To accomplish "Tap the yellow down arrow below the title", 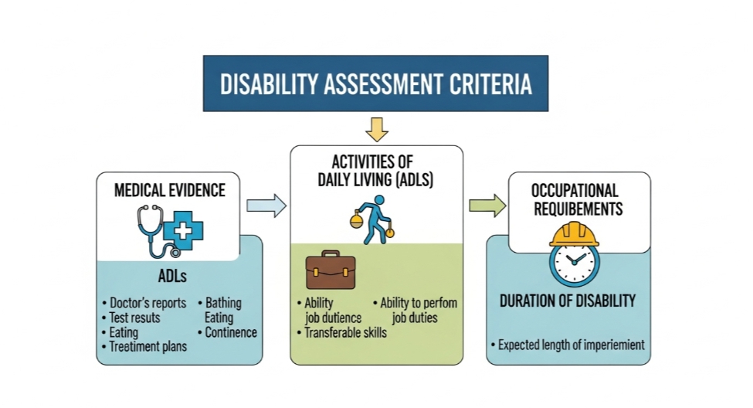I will pyautogui.click(x=376, y=129).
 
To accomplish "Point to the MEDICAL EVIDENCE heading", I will pyautogui.click(x=170, y=190).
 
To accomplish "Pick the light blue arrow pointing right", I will pyautogui.click(x=266, y=206).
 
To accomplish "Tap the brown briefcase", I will pyautogui.click(x=330, y=270).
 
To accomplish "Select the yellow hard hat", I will pyautogui.click(x=574, y=233).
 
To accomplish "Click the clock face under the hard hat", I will pyautogui.click(x=574, y=263).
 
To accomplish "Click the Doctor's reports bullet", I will pyautogui.click(x=148, y=303).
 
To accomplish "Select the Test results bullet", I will pyautogui.click(x=134, y=318).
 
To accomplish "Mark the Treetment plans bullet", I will pyautogui.click(x=148, y=347).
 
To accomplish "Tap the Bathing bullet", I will pyautogui.click(x=222, y=303).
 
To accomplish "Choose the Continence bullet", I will pyautogui.click(x=230, y=332).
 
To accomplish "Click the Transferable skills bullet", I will pyautogui.click(x=344, y=332).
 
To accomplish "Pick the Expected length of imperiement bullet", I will pyautogui.click(x=571, y=345).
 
